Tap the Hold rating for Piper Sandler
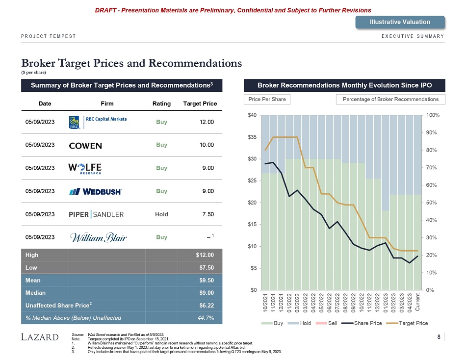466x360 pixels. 161,214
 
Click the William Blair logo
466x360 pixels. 99,238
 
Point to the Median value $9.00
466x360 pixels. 205,293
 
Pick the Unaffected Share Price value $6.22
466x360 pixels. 205,305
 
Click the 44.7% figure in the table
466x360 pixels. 206,318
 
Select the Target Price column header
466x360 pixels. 200,103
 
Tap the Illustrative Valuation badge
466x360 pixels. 400,22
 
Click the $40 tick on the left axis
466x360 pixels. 252,115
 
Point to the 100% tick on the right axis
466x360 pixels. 433,115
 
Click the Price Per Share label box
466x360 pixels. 267,100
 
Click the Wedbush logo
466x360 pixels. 96,191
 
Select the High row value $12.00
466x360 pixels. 205,255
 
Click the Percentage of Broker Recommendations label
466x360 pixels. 390,100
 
